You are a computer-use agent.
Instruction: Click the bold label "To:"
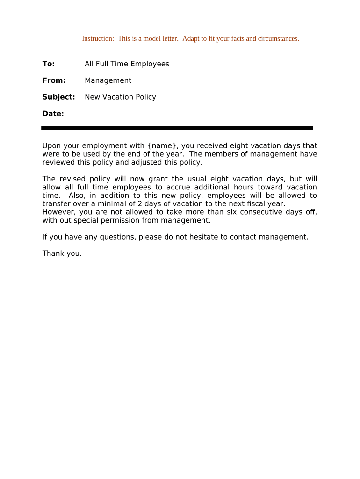pos(49,64)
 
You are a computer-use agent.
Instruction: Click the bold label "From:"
pos(54,80)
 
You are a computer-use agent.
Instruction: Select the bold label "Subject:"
pos(58,97)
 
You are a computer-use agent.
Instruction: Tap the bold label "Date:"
pos(53,114)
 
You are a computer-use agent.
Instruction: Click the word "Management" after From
pos(108,80)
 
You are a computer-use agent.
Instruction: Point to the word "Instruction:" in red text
pos(98,39)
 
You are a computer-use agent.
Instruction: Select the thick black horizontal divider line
pos(177,128)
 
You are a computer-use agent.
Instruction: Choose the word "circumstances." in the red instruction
pos(278,39)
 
